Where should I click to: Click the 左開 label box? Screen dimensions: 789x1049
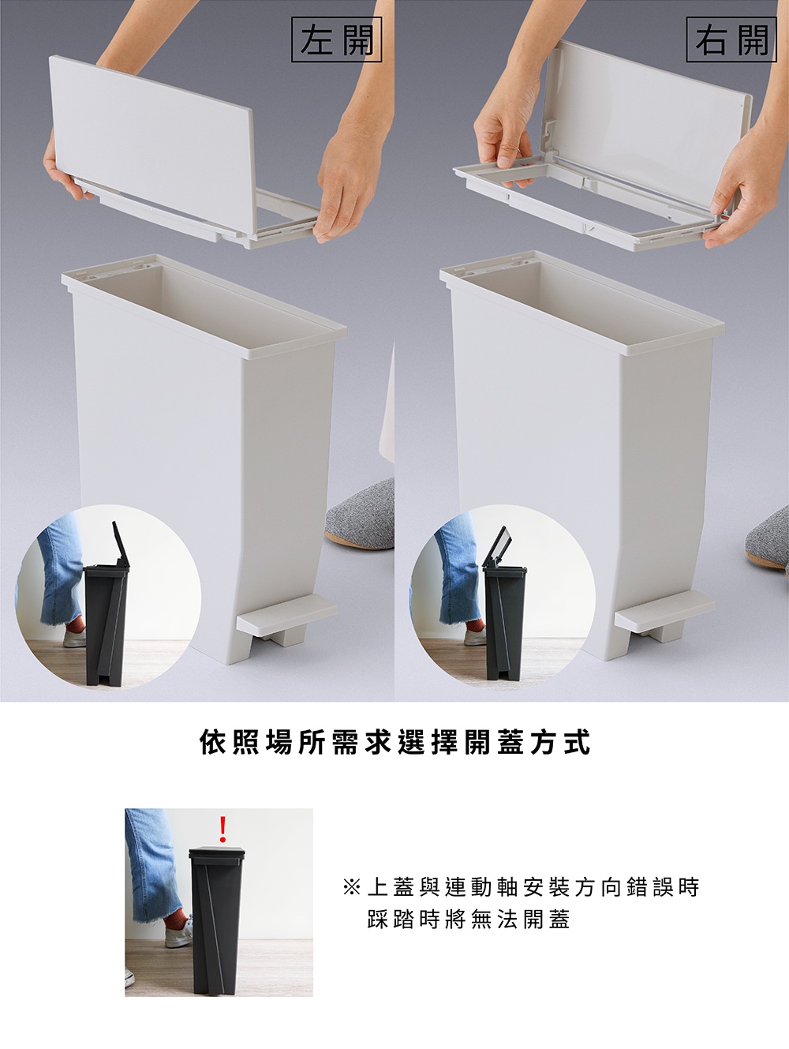pos(336,39)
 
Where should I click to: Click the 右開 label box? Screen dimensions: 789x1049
pos(731,39)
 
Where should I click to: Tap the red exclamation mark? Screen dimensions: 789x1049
pos(222,829)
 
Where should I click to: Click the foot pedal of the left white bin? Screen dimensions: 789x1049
pos(286,620)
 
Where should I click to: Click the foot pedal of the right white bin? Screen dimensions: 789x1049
pos(664,616)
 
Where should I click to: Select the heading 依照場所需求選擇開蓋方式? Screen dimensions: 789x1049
pos(394,743)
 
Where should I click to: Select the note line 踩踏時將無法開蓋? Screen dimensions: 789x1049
pos(469,920)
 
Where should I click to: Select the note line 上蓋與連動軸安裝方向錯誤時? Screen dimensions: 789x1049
pos(533,888)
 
